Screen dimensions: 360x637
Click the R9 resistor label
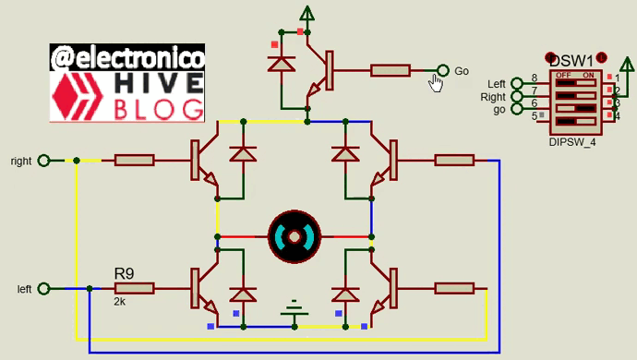(x=125, y=274)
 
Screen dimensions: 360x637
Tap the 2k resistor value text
(x=120, y=302)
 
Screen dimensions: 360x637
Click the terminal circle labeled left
(x=53, y=289)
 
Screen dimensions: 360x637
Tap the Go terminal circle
(x=442, y=71)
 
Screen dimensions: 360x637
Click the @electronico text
(x=128, y=57)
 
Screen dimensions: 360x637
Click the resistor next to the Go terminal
(x=391, y=71)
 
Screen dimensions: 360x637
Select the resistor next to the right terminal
(x=134, y=161)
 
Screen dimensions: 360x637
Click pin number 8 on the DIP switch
(x=534, y=78)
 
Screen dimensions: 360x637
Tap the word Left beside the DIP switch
(x=497, y=84)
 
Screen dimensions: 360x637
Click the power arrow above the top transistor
(x=306, y=13)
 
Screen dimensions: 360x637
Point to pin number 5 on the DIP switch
(x=534, y=115)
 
